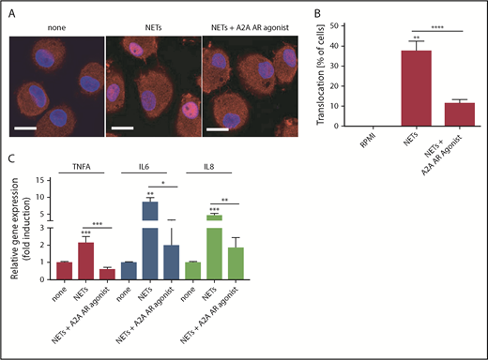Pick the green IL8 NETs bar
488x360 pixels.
click(213, 246)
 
